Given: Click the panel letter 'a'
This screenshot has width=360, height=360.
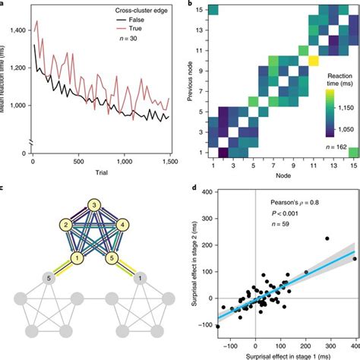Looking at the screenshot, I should click(x=3, y=4).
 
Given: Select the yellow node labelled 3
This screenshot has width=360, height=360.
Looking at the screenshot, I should click(x=92, y=205).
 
